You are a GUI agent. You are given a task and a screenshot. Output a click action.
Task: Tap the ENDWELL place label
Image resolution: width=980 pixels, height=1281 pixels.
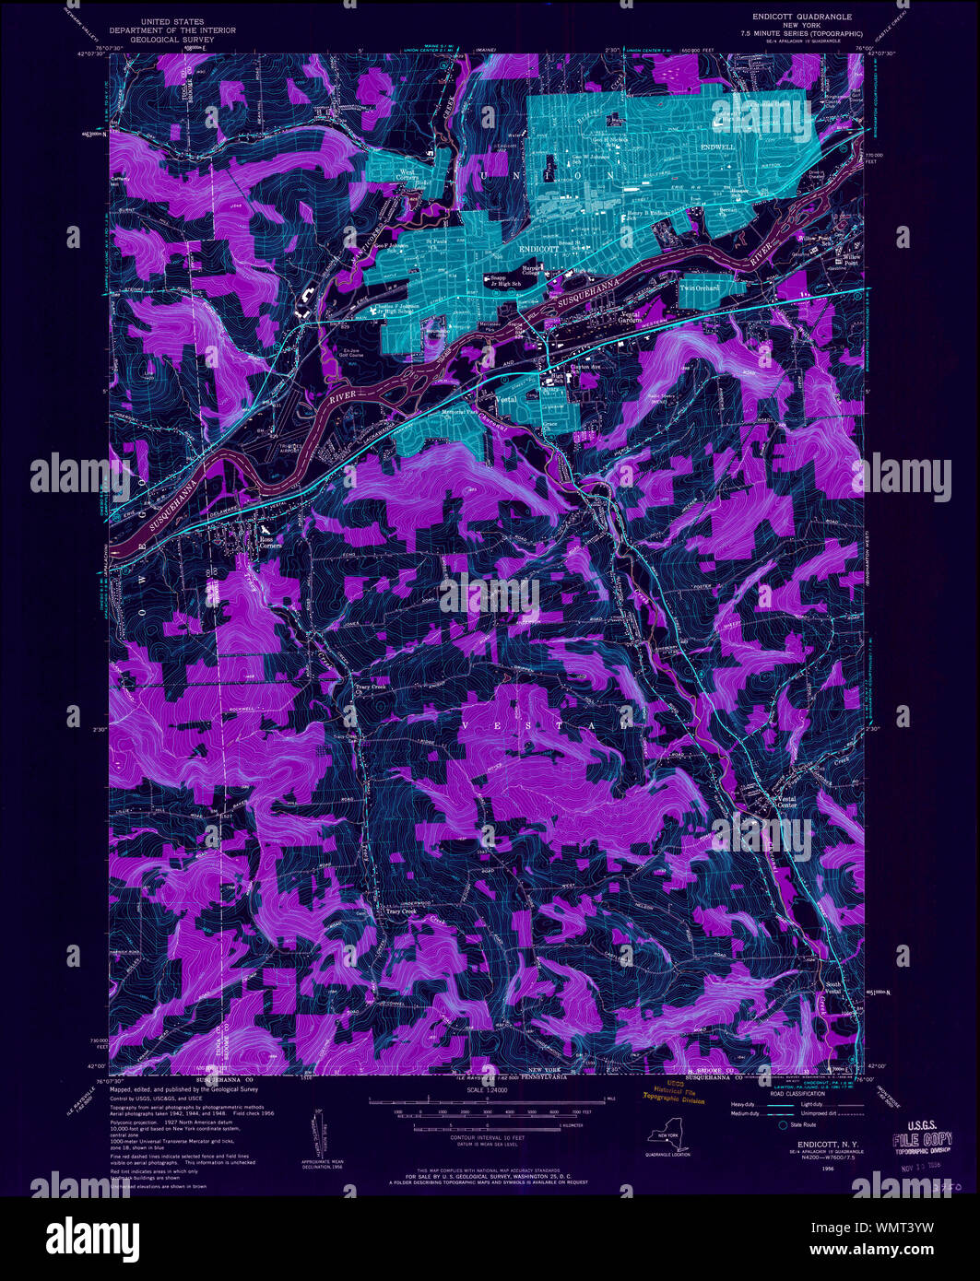(716, 147)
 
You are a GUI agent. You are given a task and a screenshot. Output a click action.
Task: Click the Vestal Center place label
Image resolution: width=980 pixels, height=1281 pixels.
(786, 802)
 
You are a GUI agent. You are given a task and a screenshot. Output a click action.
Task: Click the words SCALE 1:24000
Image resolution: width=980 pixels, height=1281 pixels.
(490, 1090)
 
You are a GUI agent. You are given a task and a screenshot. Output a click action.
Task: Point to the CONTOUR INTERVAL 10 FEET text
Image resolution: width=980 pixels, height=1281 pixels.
(490, 1139)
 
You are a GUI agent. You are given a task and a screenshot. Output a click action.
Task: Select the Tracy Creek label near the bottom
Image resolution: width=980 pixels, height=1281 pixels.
(401, 911)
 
